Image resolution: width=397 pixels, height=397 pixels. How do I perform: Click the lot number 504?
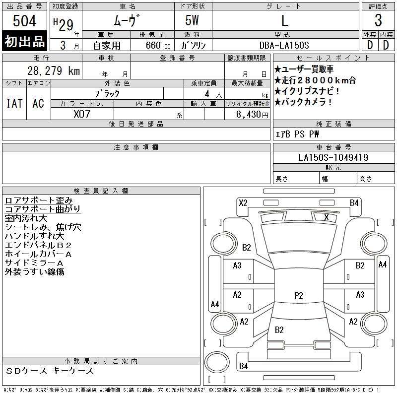point(24,21)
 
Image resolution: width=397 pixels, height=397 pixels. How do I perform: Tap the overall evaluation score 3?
point(378,21)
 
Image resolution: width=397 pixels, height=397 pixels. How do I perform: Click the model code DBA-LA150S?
point(285,45)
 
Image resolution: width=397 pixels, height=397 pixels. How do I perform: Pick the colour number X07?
point(82,114)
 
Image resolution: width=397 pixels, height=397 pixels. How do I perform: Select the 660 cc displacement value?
point(151,45)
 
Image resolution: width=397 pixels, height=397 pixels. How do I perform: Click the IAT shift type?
point(14,103)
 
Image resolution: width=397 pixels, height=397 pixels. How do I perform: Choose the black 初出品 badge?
point(24,42)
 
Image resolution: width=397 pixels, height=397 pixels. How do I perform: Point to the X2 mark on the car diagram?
point(243,202)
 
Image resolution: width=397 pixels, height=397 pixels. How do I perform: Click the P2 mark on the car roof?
point(298,296)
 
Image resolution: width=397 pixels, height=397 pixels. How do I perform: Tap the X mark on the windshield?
point(327,217)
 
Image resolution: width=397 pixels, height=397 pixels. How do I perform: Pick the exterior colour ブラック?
point(107,93)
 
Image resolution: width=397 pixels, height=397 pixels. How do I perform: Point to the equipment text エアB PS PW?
point(297,134)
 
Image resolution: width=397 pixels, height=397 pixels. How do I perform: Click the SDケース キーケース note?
point(50,371)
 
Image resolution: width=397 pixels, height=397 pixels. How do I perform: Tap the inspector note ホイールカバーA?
point(38,254)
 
